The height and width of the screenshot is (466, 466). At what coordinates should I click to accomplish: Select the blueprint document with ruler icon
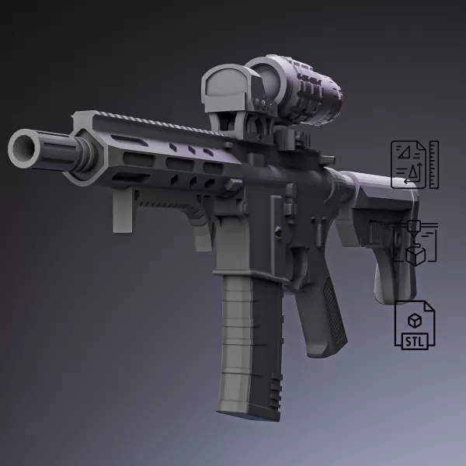coord(409,164)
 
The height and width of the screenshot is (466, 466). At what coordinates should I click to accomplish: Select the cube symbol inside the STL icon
coord(416,319)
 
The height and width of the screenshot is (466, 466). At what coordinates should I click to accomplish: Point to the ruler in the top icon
coord(433,164)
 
